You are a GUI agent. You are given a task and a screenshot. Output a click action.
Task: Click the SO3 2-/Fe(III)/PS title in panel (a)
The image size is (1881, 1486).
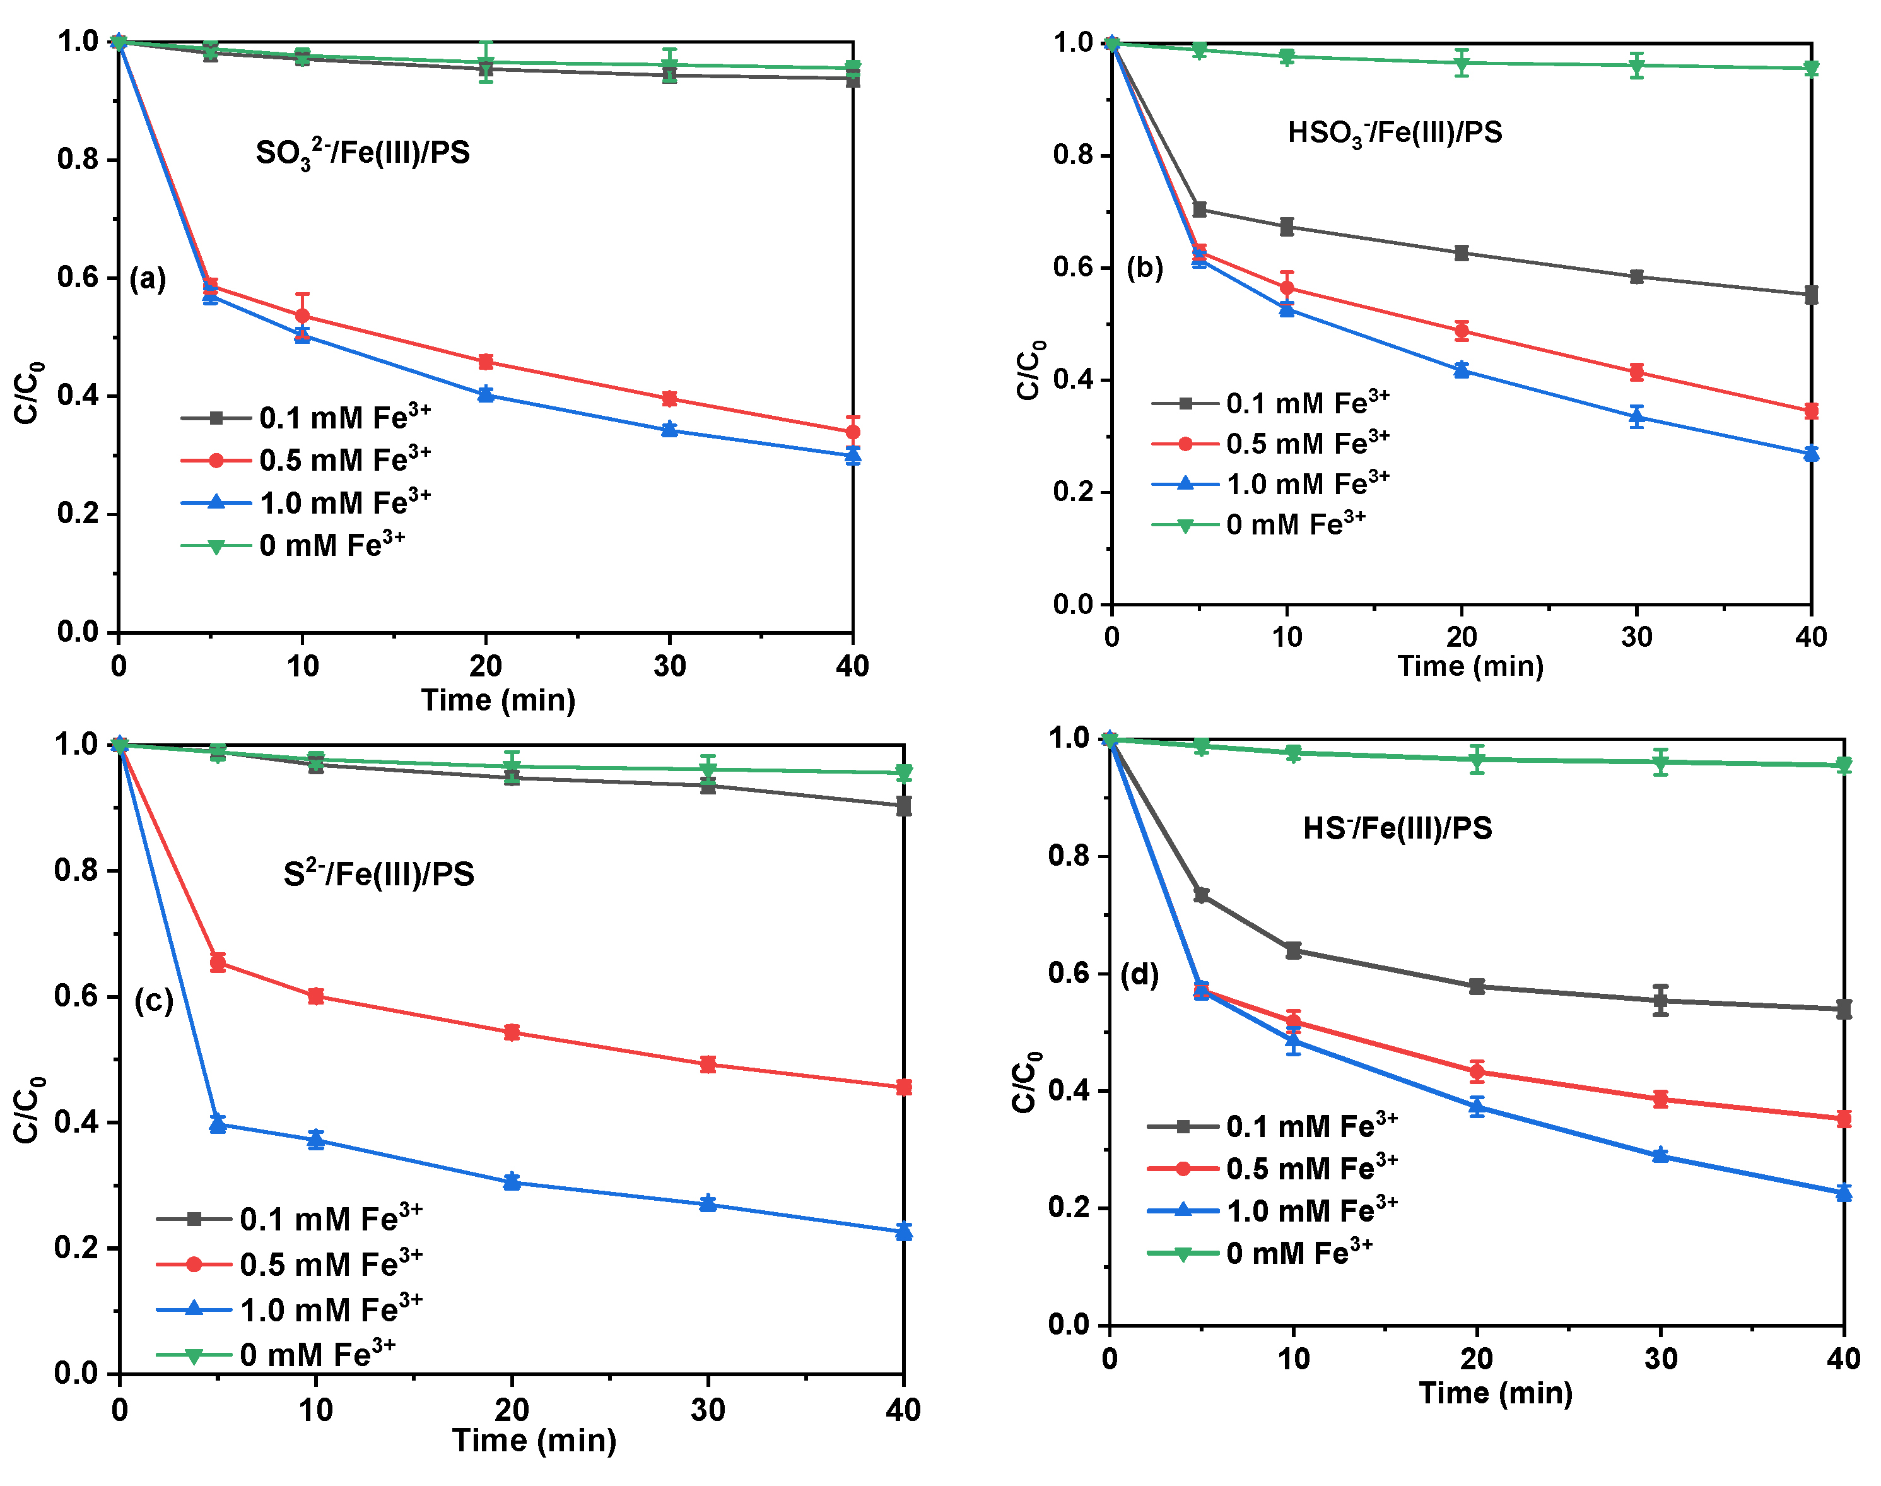[x=363, y=153]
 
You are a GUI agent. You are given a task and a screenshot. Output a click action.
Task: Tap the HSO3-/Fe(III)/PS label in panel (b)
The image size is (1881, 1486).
[x=1394, y=133]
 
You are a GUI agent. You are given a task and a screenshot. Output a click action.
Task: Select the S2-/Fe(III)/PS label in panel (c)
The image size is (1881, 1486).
[x=378, y=873]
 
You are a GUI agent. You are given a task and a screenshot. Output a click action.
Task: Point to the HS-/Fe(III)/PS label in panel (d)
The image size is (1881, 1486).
[x=1397, y=827]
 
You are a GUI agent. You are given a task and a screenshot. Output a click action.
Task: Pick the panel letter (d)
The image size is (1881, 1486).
[x=1139, y=974]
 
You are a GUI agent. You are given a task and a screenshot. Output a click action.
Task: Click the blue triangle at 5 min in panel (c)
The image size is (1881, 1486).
[x=218, y=1125]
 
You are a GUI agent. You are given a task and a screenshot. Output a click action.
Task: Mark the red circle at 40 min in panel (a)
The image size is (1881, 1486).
[x=852, y=432]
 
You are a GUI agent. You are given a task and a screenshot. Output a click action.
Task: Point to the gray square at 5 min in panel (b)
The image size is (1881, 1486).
[x=1199, y=209]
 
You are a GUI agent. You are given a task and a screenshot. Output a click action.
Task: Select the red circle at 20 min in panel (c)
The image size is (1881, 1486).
[x=512, y=1033]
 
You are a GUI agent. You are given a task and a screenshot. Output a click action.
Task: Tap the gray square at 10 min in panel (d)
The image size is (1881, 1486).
[x=1293, y=950]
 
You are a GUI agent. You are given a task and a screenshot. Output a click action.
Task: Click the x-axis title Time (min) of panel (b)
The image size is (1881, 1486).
[x=1470, y=666]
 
